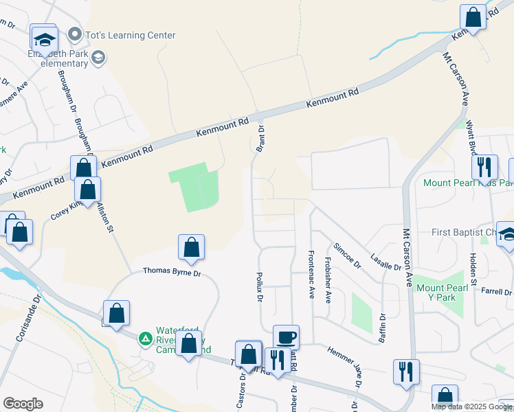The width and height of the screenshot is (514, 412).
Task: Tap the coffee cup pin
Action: tap(286, 337)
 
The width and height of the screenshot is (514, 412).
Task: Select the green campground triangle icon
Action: tap(145, 339)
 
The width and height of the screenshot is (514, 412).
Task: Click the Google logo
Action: tap(23, 404)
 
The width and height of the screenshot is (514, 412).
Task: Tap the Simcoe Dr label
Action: tap(346, 255)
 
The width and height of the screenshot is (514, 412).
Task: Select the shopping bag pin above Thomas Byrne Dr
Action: tap(191, 248)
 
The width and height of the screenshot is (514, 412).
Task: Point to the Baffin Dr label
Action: tap(383, 328)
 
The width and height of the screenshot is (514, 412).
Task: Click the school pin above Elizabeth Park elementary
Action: tap(45, 40)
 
